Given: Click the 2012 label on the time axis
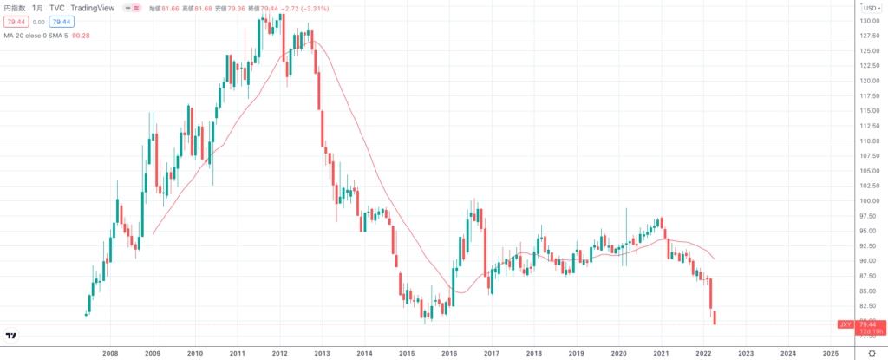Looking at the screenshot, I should [279, 354].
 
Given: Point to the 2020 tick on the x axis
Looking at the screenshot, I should [618, 354].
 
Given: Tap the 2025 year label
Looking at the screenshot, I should [830, 354].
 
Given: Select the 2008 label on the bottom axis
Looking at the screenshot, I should [110, 354].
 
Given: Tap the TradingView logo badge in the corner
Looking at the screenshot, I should [12, 336].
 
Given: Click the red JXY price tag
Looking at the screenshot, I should [846, 324].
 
